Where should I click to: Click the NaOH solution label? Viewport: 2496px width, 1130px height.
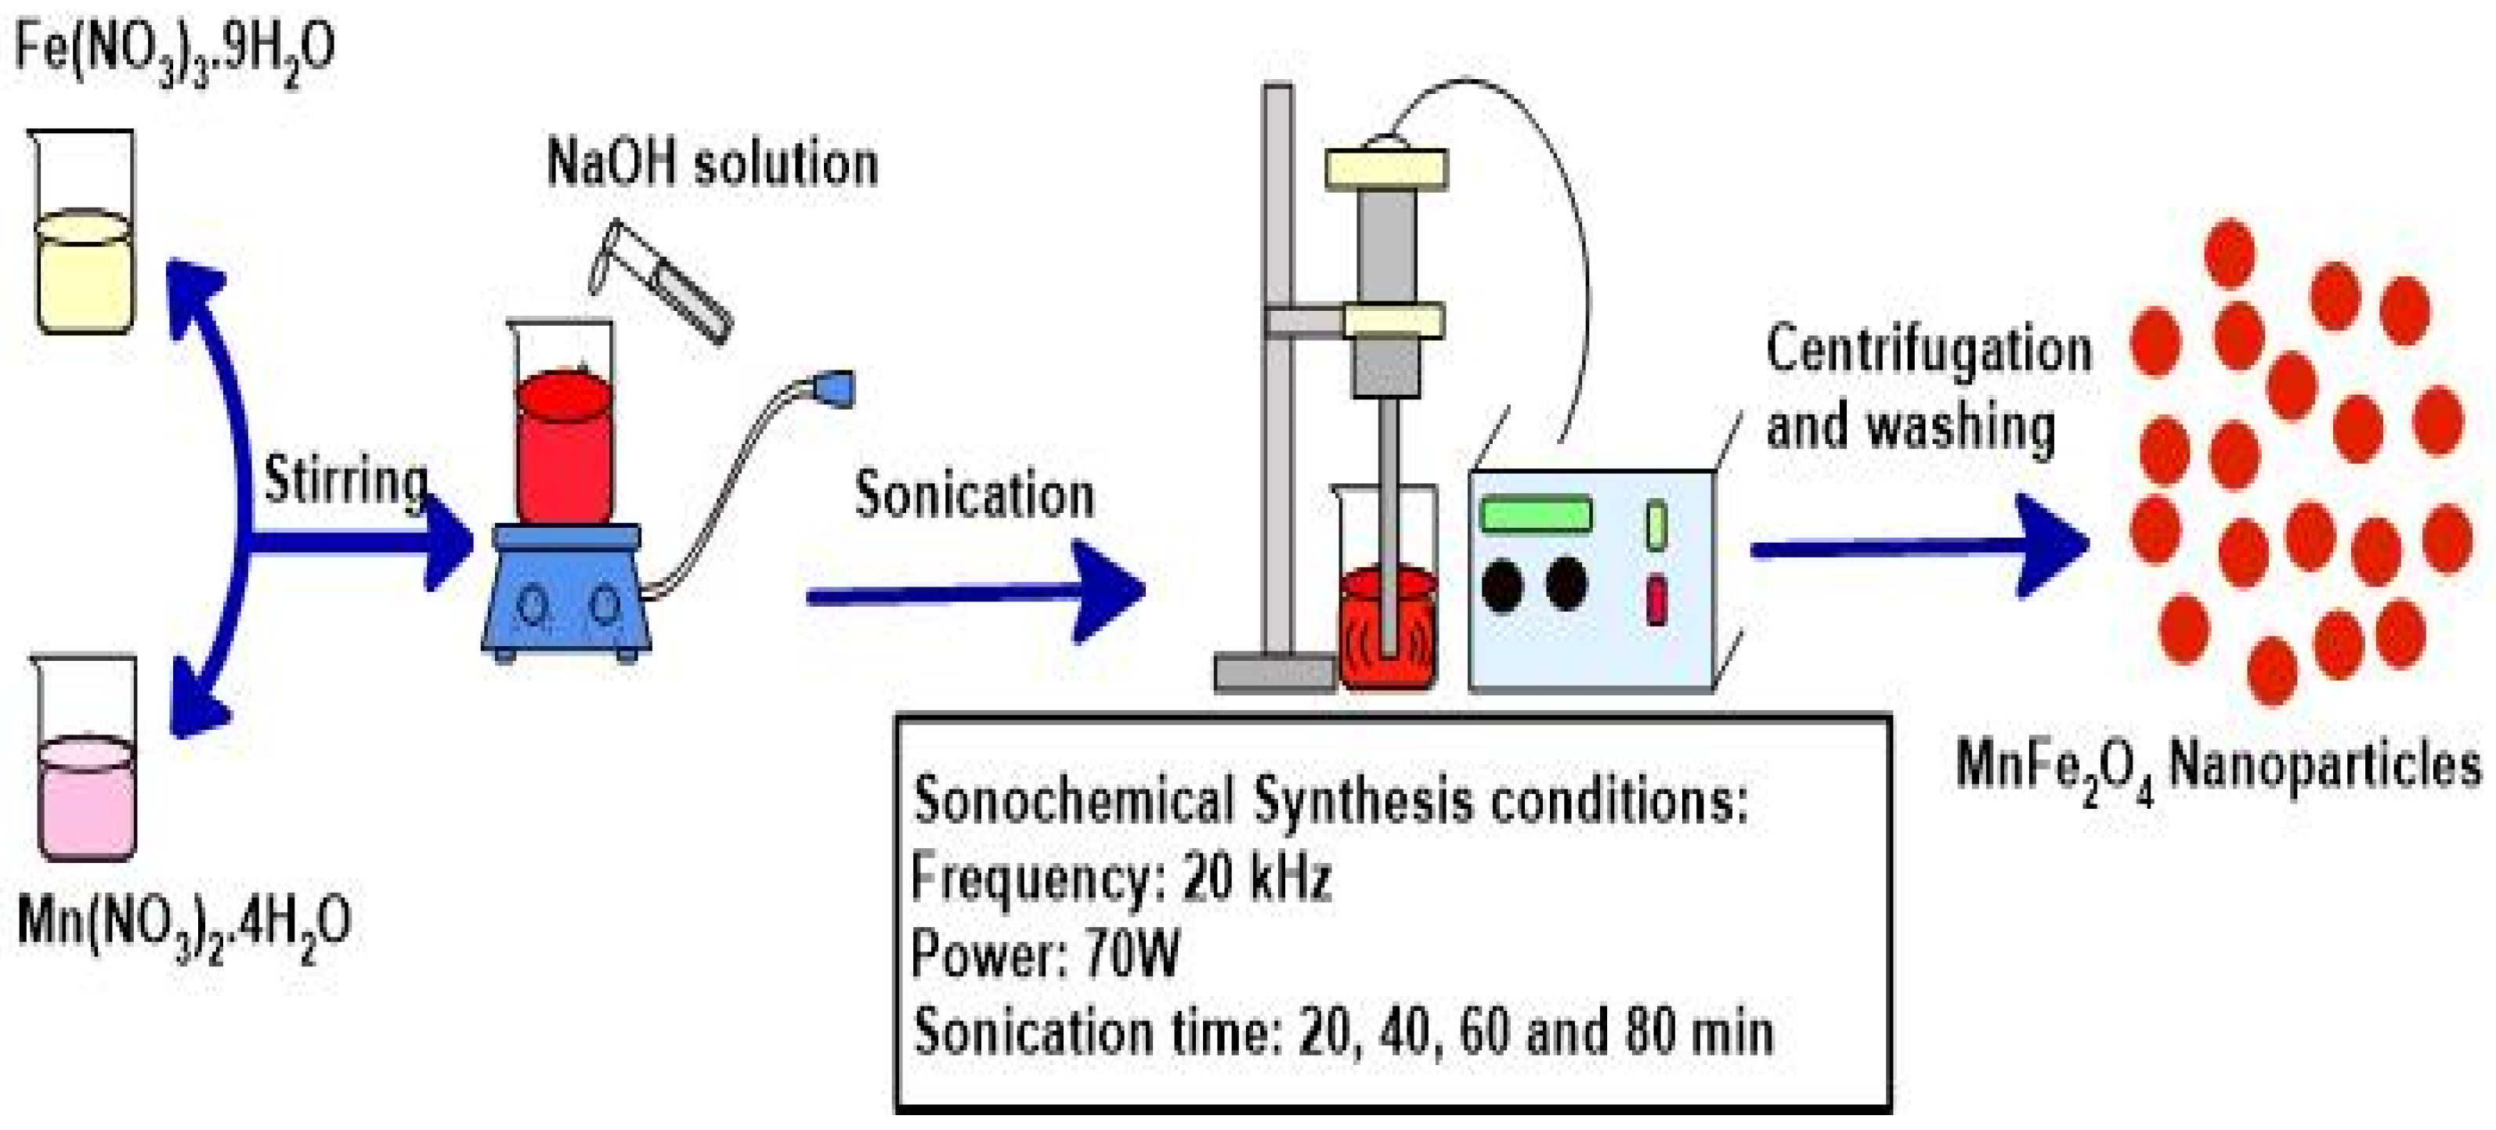[x=712, y=163]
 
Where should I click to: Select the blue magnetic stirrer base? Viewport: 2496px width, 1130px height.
[x=567, y=591]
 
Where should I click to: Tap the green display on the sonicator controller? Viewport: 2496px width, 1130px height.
[x=1537, y=514]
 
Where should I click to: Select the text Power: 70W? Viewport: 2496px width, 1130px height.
[x=1046, y=955]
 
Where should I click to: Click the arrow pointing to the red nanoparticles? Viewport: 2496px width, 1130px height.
[x=1919, y=547]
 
